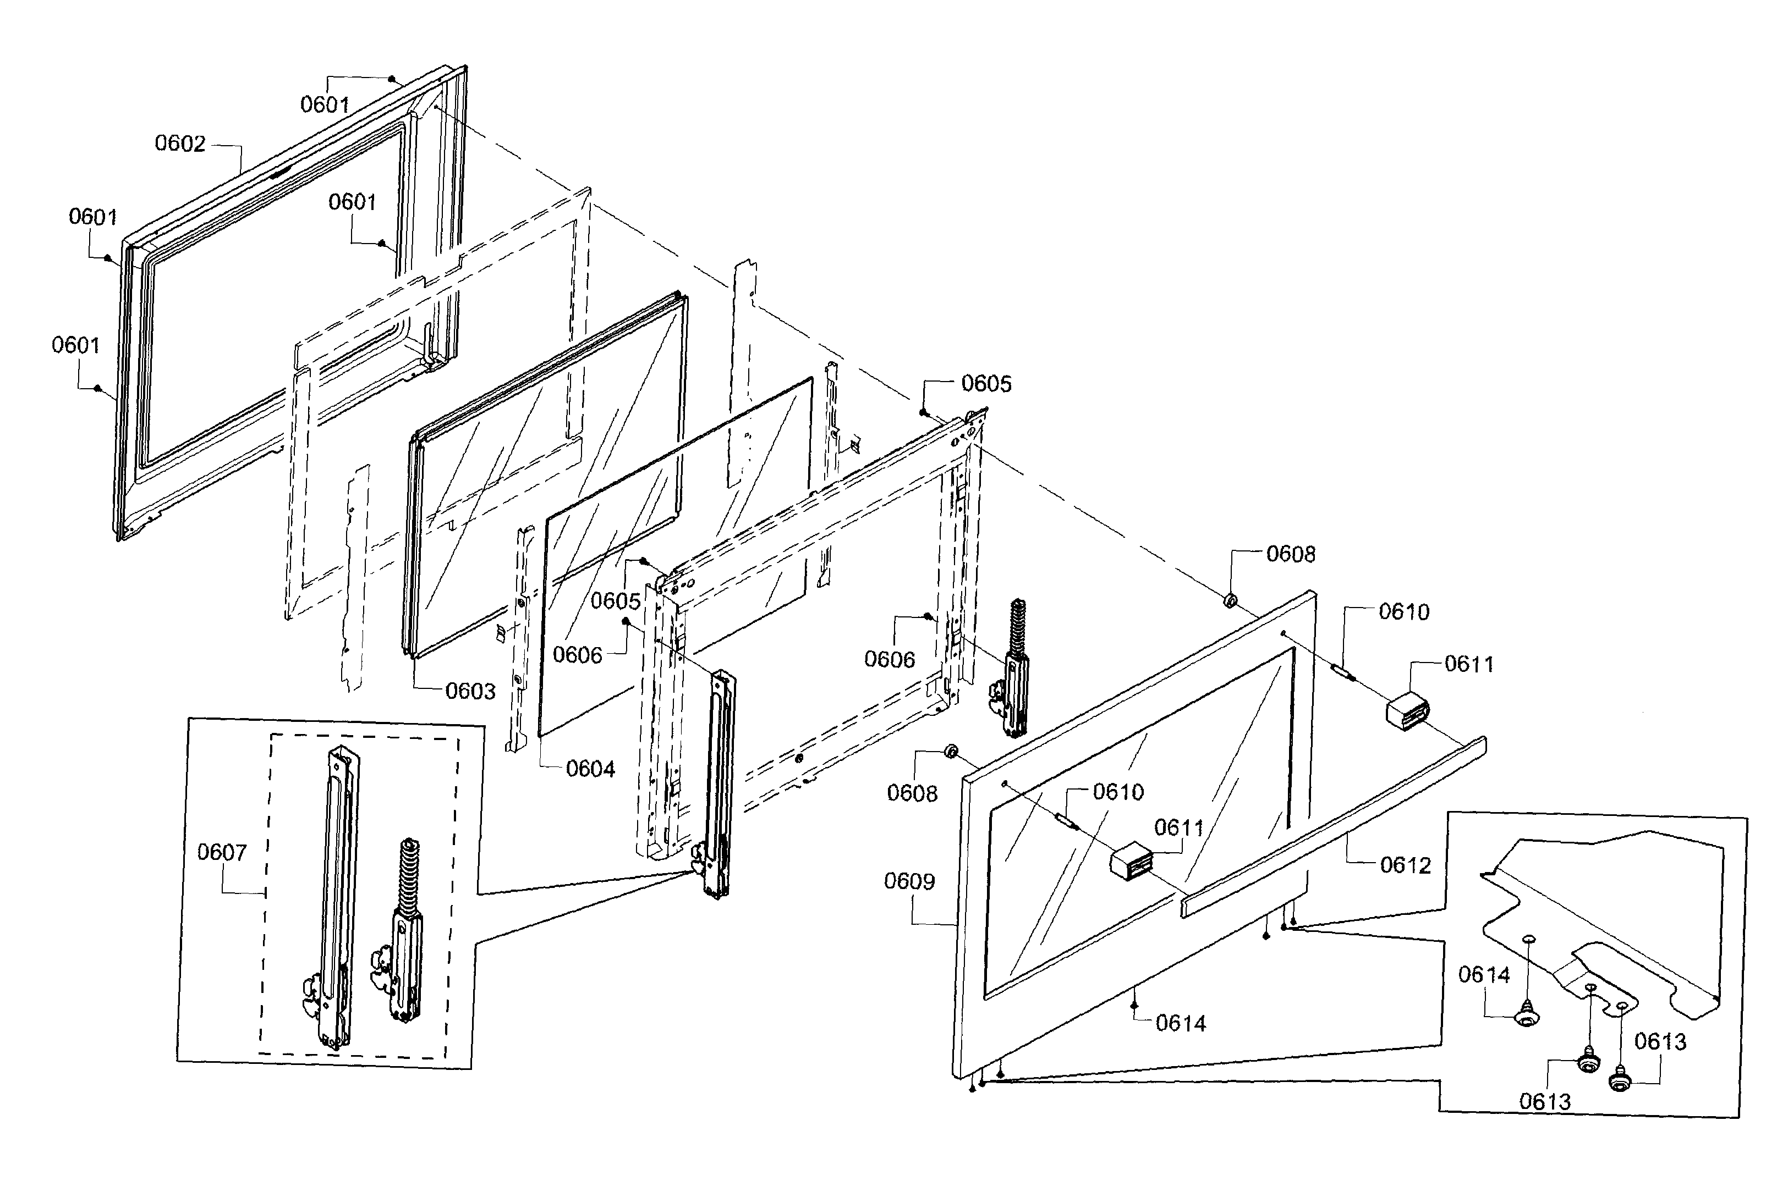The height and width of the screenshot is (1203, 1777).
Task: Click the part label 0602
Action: [180, 144]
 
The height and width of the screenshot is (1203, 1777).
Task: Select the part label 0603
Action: [470, 692]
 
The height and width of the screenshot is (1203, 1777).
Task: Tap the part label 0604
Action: [590, 769]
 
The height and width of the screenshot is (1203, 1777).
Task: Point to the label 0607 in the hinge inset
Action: [222, 852]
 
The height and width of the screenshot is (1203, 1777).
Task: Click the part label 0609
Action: [909, 881]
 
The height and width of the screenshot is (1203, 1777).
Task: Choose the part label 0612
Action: [1406, 865]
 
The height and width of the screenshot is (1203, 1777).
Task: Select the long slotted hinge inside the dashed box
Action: [337, 894]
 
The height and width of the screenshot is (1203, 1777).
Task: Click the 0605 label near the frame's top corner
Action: [986, 384]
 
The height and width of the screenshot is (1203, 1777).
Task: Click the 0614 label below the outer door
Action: [1181, 1023]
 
